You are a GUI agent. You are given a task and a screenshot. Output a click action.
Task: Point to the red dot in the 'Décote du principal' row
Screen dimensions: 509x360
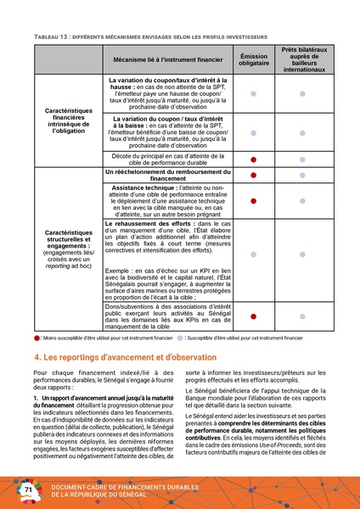pos(252,159)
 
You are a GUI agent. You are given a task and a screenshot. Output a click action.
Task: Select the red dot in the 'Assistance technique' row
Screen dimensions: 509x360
pos(252,200)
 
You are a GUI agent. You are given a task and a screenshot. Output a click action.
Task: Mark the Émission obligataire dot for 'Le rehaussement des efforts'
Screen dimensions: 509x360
pos(252,255)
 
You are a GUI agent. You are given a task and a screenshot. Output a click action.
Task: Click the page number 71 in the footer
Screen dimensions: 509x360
pos(27,490)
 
